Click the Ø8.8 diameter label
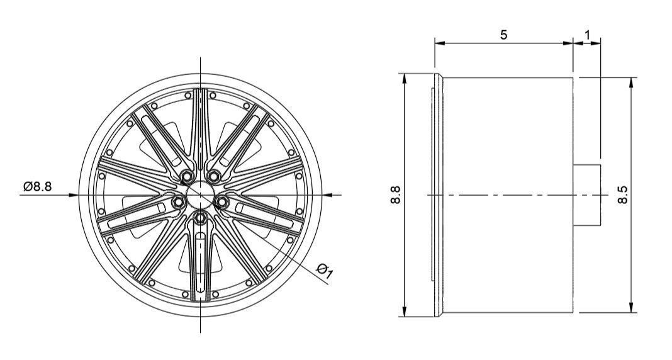pyautogui.click(x=37, y=187)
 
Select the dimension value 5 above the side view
pyautogui.click(x=504, y=35)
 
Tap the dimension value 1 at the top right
pyautogui.click(x=588, y=35)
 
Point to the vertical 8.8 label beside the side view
pyautogui.click(x=395, y=194)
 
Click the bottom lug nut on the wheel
pyautogui.click(x=200, y=218)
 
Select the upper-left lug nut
pyautogui.click(x=186, y=177)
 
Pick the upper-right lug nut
pyautogui.click(x=215, y=177)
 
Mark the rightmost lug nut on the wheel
pyautogui.click(x=223, y=201)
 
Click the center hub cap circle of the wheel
pyautogui.click(x=200, y=193)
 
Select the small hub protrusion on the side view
pyautogui.click(x=588, y=194)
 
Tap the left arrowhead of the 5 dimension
pyautogui.click(x=439, y=43)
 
